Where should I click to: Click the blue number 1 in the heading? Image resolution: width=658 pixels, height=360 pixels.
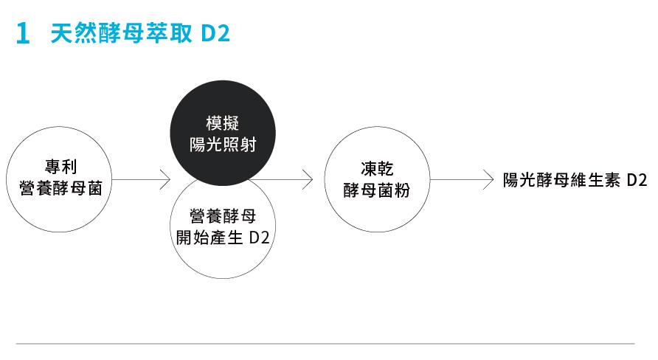[23, 34]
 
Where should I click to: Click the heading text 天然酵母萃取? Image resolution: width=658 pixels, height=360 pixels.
[121, 33]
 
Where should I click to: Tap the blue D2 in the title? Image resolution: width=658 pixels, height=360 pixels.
[215, 34]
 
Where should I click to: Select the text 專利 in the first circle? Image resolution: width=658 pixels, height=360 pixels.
[60, 167]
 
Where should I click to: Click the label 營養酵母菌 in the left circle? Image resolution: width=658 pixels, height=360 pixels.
[60, 188]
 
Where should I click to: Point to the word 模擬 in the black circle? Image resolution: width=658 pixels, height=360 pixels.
[223, 123]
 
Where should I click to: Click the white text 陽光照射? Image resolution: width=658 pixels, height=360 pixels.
[223, 145]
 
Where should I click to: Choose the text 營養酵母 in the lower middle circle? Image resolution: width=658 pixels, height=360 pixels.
[223, 216]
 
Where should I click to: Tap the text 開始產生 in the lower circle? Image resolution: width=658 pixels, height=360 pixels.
[209, 238]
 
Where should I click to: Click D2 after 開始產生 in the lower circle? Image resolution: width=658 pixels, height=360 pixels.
[259, 238]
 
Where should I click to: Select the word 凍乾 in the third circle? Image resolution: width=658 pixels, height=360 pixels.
[377, 169]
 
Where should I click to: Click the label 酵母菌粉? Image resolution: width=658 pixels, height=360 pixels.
[377, 190]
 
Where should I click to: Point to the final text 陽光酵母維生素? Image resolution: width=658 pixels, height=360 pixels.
[561, 180]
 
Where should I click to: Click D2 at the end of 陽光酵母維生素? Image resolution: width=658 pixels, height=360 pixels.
[637, 180]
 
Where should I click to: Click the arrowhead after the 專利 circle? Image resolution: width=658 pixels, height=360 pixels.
[166, 179]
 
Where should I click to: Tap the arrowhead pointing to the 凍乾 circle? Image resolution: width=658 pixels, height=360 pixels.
[308, 179]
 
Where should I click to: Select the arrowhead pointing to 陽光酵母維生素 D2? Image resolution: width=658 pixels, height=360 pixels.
[488, 179]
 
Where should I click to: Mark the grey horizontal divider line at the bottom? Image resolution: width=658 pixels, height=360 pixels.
[325, 344]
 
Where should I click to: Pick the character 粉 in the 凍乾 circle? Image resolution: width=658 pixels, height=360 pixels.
[401, 190]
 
